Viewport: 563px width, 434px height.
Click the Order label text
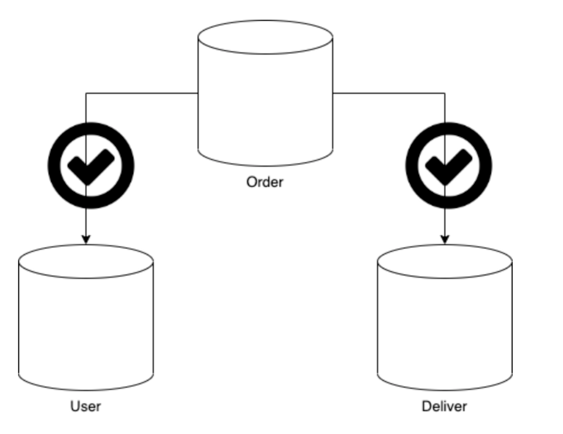[x=265, y=182]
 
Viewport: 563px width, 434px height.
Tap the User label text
[x=85, y=406]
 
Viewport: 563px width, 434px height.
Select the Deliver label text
[x=444, y=406]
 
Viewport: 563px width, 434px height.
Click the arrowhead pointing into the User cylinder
[x=86, y=239]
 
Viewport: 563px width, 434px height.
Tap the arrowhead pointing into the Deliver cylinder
[x=445, y=239]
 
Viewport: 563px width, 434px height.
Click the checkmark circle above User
[x=91, y=166]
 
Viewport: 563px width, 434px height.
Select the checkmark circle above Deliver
[x=449, y=166]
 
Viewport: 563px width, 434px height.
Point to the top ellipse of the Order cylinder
[x=265, y=37]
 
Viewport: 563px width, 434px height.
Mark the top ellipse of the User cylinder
[x=86, y=261]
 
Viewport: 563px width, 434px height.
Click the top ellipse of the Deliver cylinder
[x=445, y=261]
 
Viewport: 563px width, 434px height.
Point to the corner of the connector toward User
[x=86, y=93]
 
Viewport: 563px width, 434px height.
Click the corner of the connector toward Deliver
[x=445, y=93]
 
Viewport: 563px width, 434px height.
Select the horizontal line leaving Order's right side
[x=389, y=93]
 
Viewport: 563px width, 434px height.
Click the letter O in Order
[x=251, y=182]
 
